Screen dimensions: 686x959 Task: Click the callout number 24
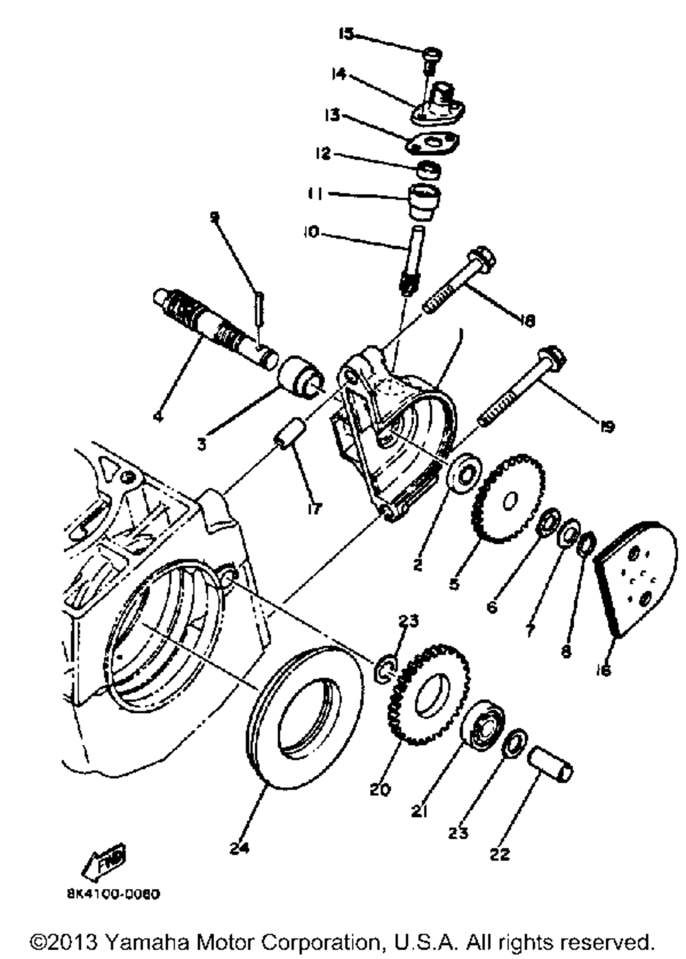pyautogui.click(x=238, y=849)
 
